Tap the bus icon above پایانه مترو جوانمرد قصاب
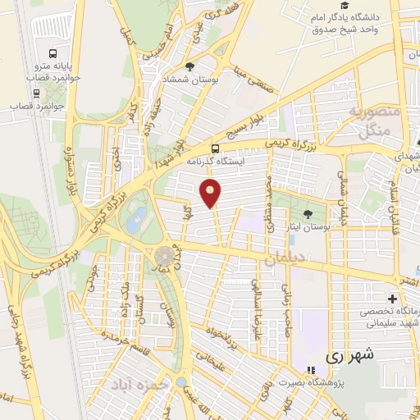point(52,50)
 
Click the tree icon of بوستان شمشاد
point(190,66)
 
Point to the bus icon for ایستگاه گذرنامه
point(215,148)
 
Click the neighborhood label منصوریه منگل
point(374,121)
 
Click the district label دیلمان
point(284,261)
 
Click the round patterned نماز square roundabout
point(166,255)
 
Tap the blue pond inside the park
point(137,217)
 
